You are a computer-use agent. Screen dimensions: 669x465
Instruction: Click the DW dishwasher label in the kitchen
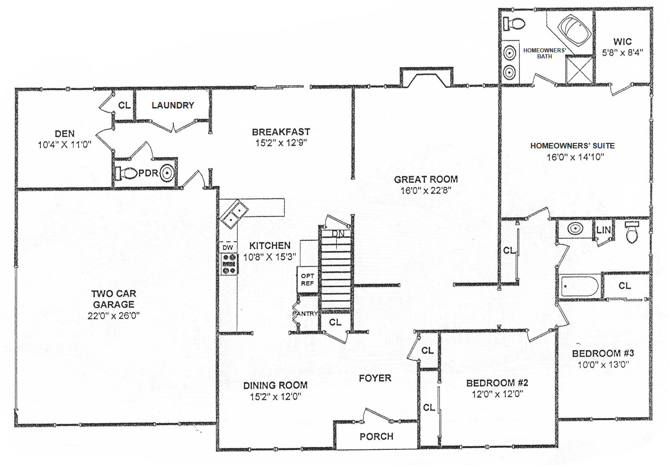pos(227,247)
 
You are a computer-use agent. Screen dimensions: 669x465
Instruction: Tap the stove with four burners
pos(229,264)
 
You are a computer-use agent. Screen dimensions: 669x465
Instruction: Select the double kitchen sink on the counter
pos(234,214)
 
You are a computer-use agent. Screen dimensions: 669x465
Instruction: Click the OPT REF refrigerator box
pos(307,279)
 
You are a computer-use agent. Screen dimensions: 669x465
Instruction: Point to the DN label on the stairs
pos(338,233)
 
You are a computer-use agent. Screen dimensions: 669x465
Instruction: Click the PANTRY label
pos(305,313)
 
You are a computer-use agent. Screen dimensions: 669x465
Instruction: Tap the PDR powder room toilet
pos(127,173)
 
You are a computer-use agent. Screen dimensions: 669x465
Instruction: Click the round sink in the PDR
pos(167,173)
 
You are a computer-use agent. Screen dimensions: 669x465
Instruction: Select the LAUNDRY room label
pos(173,105)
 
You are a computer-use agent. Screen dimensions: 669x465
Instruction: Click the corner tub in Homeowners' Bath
pos(574,29)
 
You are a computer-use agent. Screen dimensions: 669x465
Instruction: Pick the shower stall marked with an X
pos(579,70)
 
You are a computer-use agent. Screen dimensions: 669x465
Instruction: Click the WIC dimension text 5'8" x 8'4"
pos(623,53)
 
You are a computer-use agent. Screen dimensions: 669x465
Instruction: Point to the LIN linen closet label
pos(604,230)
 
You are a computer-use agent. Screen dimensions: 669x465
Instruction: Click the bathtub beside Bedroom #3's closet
pos(579,287)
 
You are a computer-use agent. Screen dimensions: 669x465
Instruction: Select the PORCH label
pos(377,437)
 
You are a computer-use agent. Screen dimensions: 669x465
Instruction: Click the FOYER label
pos(375,378)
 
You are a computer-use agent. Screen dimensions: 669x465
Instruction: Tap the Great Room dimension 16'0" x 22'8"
pos(426,191)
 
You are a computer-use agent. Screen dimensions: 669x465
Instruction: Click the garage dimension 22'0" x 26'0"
pos(114,316)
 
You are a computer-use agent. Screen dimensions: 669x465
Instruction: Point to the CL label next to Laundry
pos(125,105)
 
